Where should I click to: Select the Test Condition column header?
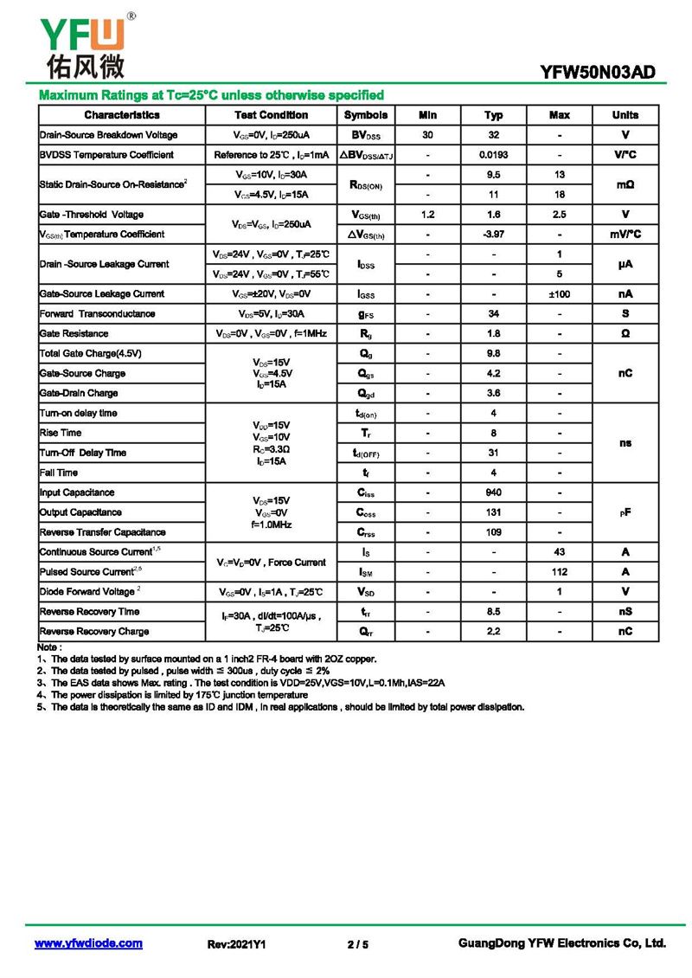[271, 115]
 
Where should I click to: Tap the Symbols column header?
[366, 115]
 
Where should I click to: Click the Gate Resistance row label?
[74, 333]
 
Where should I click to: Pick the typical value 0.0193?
[494, 155]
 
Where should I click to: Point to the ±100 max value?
[560, 294]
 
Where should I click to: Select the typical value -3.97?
[494, 235]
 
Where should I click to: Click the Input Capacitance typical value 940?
[494, 492]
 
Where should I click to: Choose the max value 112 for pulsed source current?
[560, 572]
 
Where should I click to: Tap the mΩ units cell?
[625, 184]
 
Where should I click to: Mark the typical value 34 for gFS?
[494, 313]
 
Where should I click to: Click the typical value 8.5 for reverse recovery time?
[494, 612]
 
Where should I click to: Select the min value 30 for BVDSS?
[428, 135]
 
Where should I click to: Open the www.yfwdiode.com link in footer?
[88, 943]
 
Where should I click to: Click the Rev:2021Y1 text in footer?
[236, 944]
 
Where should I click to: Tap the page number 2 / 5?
[357, 944]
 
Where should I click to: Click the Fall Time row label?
[59, 473]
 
